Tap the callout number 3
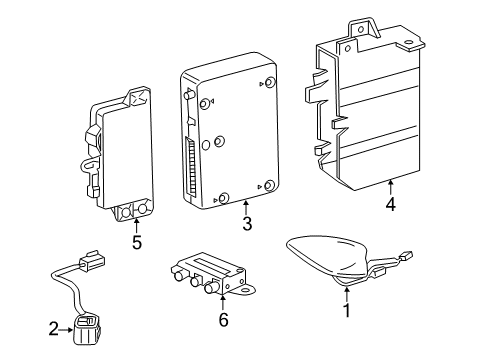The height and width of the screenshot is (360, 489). (246, 222)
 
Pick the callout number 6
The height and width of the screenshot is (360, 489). (223, 319)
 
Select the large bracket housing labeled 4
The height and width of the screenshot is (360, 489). (370, 110)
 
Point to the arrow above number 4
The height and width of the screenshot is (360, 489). (390, 186)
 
